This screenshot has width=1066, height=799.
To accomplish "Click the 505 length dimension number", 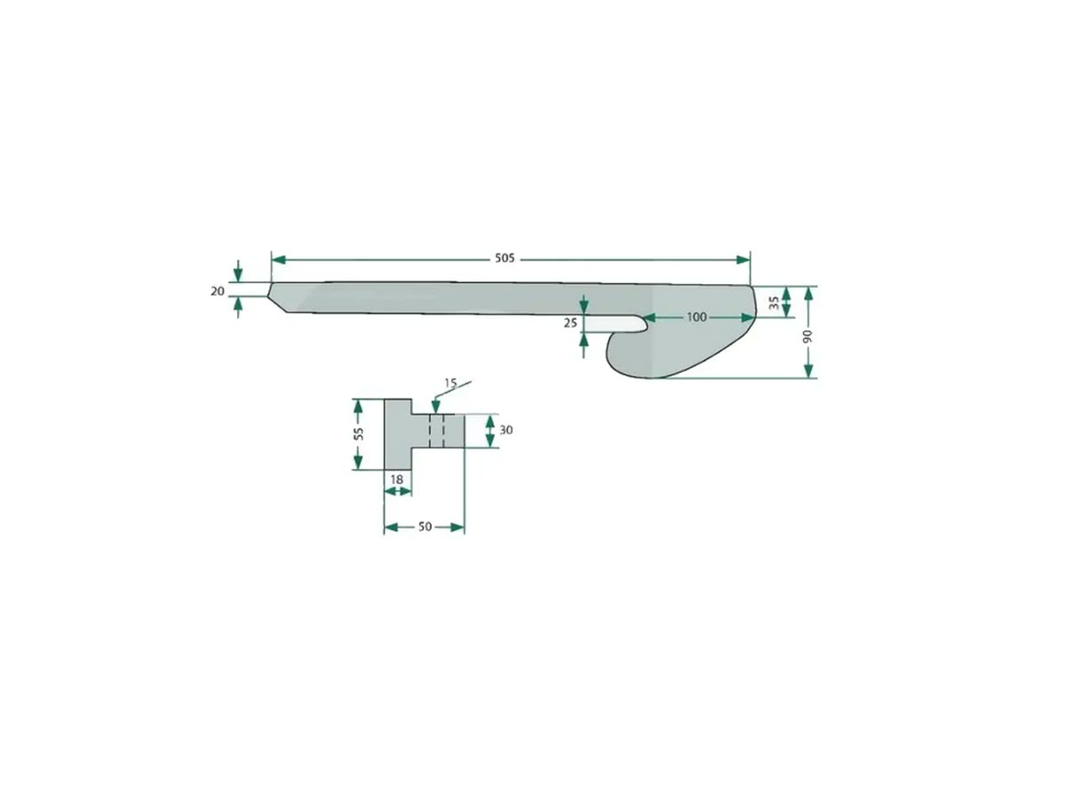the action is (504, 258).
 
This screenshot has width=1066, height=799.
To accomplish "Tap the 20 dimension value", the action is (218, 291).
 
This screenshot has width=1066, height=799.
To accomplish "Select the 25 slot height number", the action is (570, 322).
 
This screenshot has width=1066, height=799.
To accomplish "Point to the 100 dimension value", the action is (696, 317).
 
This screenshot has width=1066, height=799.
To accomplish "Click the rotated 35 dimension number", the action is (775, 303).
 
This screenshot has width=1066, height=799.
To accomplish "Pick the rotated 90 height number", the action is (807, 336).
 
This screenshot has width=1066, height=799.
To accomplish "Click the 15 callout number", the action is (450, 384).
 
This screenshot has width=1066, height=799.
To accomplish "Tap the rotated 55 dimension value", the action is (359, 434).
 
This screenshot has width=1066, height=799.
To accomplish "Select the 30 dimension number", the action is (506, 430).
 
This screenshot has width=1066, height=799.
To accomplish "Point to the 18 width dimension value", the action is (397, 479).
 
